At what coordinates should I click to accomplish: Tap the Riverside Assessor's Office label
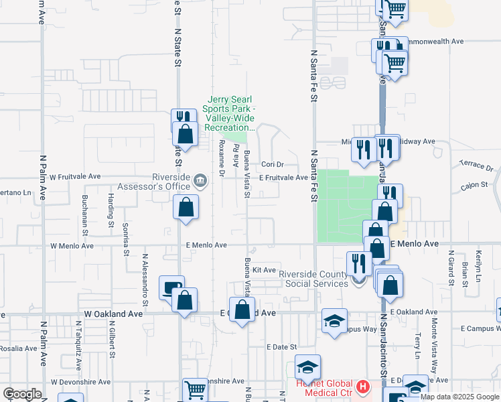pyautogui.click(x=155, y=182)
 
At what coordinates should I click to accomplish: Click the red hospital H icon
pyautogui.click(x=363, y=387)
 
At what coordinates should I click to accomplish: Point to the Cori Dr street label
pyautogui.click(x=273, y=164)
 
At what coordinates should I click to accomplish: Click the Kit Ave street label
pyautogui.click(x=265, y=270)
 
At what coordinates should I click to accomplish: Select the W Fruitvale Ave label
pyautogui.click(x=75, y=177)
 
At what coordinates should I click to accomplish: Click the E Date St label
pyautogui.click(x=281, y=347)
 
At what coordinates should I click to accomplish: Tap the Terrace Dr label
pyautogui.click(x=476, y=165)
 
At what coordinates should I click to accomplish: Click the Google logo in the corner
pyautogui.click(x=22, y=394)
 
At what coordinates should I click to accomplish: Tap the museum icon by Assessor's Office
pyautogui.click(x=200, y=181)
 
